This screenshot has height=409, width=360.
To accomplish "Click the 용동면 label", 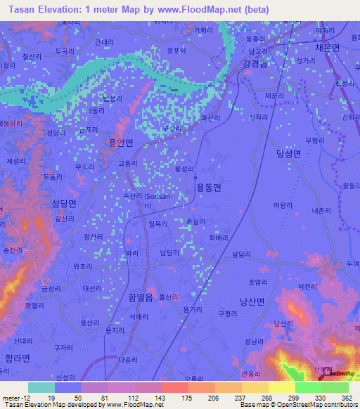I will coord(208,187).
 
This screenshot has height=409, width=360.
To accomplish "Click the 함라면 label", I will coord(17,358).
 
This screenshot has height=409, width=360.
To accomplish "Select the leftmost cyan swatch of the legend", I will coord(41,387).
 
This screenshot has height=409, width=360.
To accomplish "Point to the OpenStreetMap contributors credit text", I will coord(318,405).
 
